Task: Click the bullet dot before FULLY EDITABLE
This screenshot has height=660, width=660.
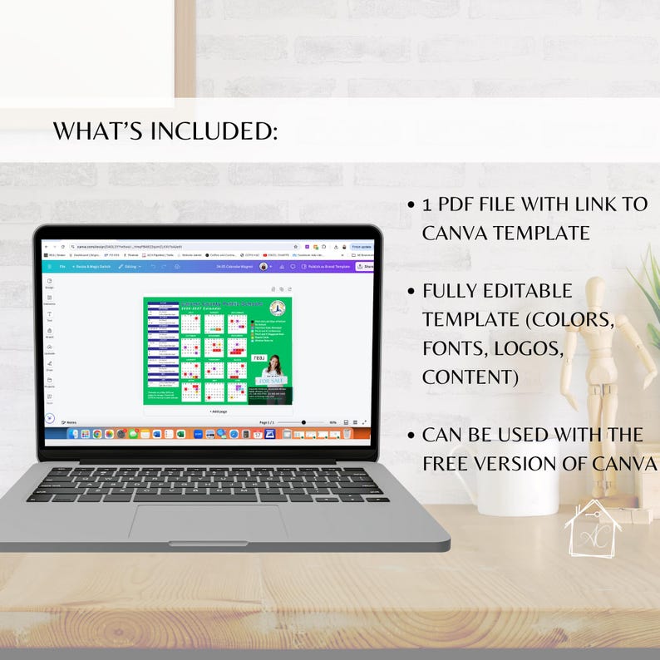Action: pyautogui.click(x=411, y=292)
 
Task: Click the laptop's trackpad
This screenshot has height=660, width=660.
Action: pyautogui.click(x=208, y=522)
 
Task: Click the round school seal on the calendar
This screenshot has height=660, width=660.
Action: pyautogui.click(x=278, y=306)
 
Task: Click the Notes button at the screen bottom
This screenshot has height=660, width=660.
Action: pyautogui.click(x=71, y=422)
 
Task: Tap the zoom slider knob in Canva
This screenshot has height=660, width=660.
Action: pyautogui.click(x=303, y=422)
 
